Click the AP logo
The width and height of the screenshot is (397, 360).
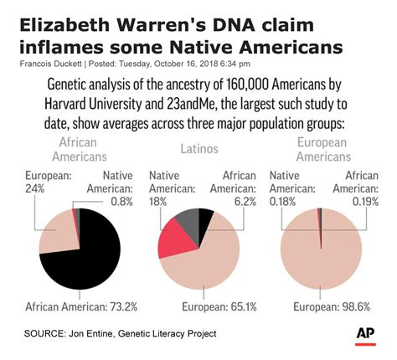tap(364, 333)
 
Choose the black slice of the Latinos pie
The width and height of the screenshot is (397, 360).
tap(204, 219)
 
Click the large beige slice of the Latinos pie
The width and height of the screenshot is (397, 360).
tap(205, 260)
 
